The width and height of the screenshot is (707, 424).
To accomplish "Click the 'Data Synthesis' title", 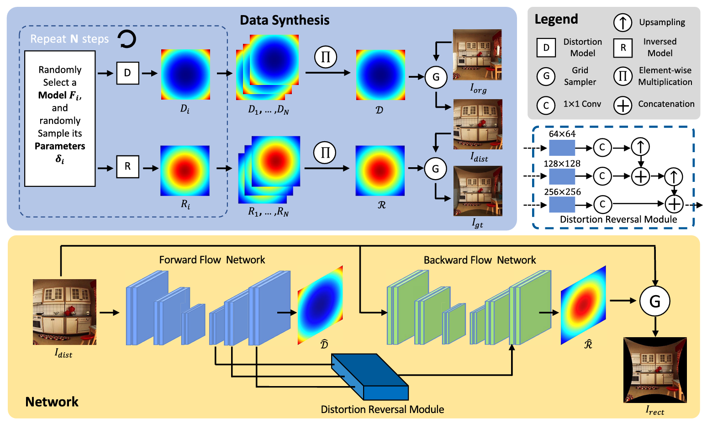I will pyautogui.click(x=285, y=20).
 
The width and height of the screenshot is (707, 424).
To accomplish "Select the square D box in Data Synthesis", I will pyautogui.click(x=127, y=73).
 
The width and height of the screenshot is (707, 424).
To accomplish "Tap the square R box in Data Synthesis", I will pyautogui.click(x=127, y=166).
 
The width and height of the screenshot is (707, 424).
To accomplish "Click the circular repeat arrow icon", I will pyautogui.click(x=127, y=39).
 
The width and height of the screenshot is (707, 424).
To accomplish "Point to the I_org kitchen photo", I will pyautogui.click(x=477, y=55).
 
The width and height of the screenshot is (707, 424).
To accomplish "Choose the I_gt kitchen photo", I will pyautogui.click(x=478, y=191).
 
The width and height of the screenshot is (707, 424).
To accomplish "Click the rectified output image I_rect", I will pyautogui.click(x=655, y=370).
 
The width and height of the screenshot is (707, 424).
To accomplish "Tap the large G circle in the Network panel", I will pyautogui.click(x=655, y=301).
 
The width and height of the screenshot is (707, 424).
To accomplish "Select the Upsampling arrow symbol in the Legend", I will pyautogui.click(x=623, y=22).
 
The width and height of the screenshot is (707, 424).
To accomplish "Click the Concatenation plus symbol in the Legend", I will pyautogui.click(x=623, y=105).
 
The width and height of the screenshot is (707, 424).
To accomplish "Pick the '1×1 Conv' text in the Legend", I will pyautogui.click(x=582, y=104).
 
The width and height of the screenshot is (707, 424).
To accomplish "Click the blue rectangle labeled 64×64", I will pyautogui.click(x=562, y=148).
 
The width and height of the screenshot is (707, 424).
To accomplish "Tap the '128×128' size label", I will pyautogui.click(x=562, y=164).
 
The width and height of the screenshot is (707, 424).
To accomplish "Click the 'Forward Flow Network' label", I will pyautogui.click(x=212, y=260).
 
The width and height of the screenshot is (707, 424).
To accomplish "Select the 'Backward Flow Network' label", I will pyautogui.click(x=480, y=260).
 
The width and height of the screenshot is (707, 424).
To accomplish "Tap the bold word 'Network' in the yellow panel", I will pyautogui.click(x=52, y=402).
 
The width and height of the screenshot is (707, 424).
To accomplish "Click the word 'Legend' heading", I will pyautogui.click(x=556, y=19).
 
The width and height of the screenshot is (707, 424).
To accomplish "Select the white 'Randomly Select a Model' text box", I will pyautogui.click(x=60, y=118).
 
